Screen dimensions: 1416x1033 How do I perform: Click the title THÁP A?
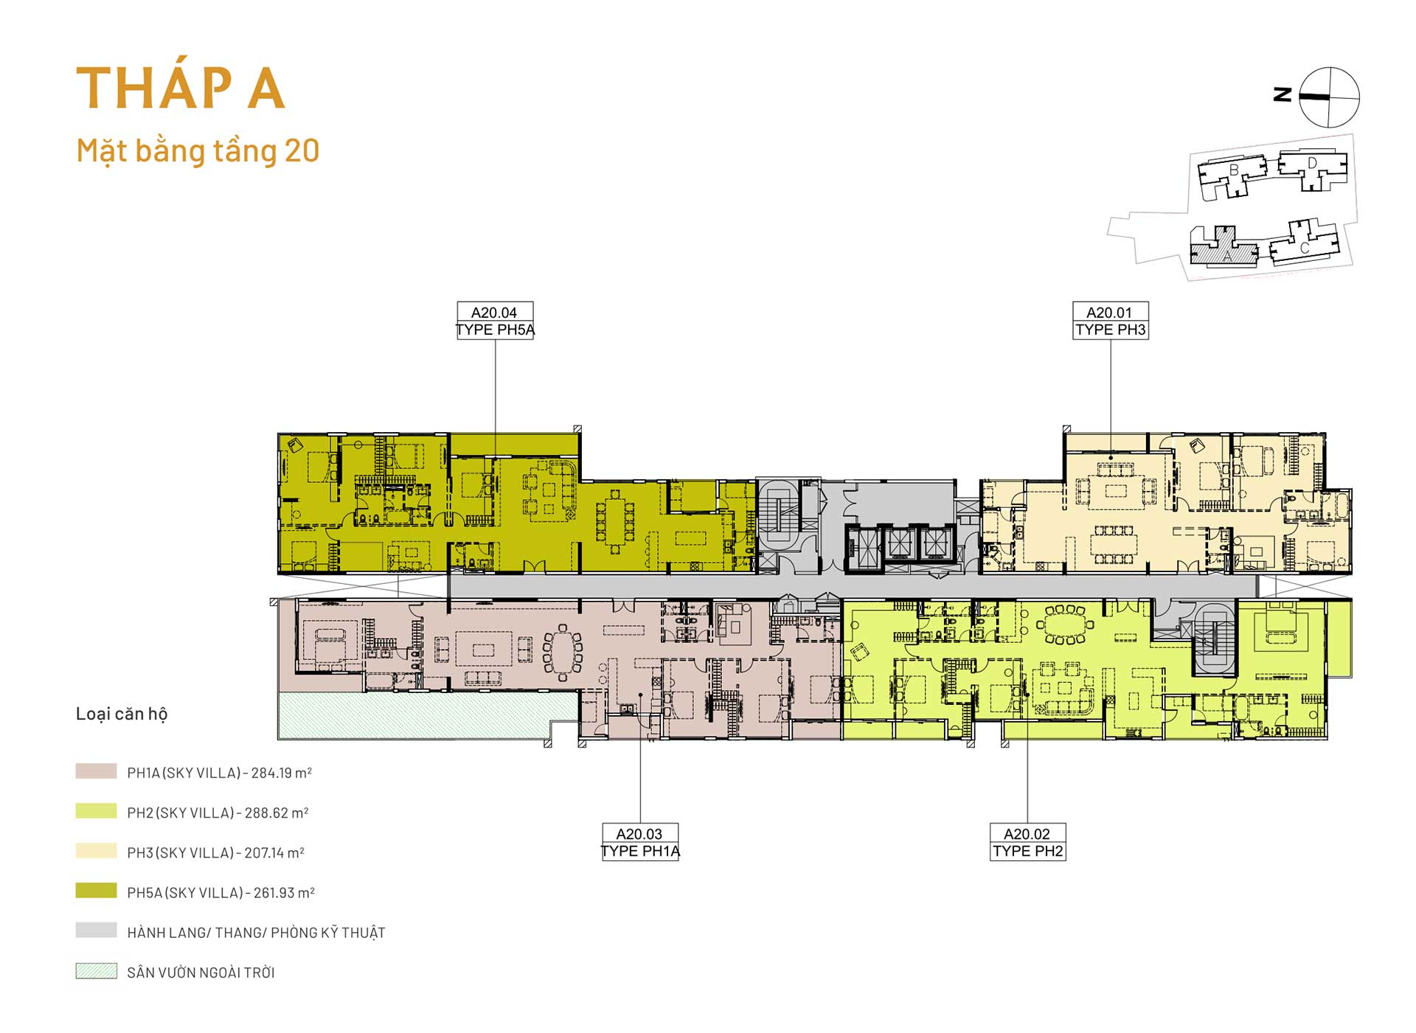pos(181,87)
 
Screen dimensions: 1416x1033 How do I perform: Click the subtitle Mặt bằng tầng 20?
pos(198,151)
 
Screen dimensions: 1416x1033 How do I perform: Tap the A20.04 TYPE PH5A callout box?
pos(495,321)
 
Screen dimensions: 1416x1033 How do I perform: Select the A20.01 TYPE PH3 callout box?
pos(1110,321)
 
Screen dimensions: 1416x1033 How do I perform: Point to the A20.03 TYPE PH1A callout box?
pos(640,842)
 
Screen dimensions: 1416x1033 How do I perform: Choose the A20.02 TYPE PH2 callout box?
pos(1027,842)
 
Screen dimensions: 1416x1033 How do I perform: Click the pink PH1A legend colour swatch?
pos(96,771)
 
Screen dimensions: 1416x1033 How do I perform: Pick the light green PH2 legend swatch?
pos(96,811)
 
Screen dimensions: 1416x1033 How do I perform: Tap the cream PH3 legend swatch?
pos(96,851)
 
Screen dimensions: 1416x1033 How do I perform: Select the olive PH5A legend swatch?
pos(96,891)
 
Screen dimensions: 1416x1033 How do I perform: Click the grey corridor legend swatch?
pos(96,931)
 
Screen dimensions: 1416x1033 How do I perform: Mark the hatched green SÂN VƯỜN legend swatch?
pos(96,970)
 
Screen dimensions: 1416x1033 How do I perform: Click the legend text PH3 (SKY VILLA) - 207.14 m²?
pos(215,852)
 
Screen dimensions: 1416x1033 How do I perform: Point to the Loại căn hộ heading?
pos(122,714)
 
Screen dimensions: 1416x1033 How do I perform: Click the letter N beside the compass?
pos(1283,94)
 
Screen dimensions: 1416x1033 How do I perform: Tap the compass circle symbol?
pos(1329,97)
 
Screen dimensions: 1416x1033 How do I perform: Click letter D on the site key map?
pos(1312,163)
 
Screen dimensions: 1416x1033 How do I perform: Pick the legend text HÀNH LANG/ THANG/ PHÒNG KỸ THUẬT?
pos(256,932)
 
